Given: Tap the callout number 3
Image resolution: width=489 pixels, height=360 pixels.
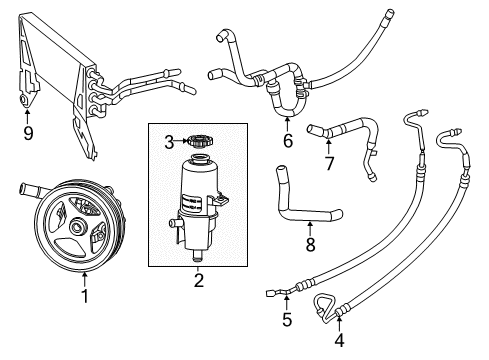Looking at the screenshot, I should [x=169, y=140].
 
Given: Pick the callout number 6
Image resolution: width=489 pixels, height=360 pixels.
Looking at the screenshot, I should [x=287, y=141].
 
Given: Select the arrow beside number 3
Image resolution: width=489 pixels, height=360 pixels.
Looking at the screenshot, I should [x=180, y=140].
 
